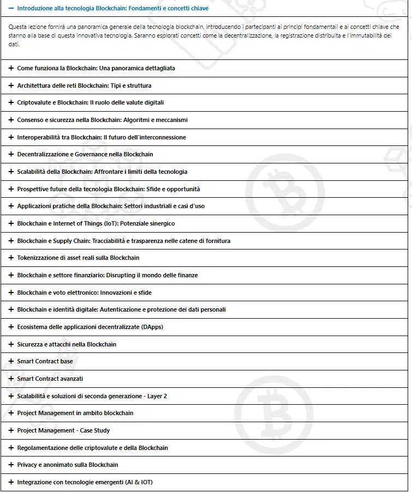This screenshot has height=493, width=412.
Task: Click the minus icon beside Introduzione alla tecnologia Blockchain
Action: pos(11,9)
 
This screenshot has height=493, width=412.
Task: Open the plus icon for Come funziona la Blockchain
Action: pos(11,69)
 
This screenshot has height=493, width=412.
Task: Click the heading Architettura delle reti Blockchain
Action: pos(84,86)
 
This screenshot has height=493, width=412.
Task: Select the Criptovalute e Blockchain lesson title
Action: pos(90,103)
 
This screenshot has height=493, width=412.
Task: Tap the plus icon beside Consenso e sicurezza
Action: pos(11,120)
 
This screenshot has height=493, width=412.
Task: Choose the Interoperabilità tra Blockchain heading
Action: pos(101,138)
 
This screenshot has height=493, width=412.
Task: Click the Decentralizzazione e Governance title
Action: pos(85,155)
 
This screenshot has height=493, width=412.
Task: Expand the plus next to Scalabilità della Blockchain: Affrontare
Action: pos(11,172)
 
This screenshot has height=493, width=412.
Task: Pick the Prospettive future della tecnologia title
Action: pos(108,190)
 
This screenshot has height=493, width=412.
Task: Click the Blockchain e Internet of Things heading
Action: pos(95,224)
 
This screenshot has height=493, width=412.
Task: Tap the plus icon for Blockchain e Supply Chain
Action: pos(11,241)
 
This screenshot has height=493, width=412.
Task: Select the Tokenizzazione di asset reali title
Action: pos(78,258)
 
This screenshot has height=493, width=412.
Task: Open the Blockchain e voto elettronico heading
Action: pos(84,293)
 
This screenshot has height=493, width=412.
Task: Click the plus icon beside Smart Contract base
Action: pos(11,362)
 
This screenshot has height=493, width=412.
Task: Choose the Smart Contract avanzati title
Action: pos(50,379)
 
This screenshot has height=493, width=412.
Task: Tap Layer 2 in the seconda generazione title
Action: pos(157,397)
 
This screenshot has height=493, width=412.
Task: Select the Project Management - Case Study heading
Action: pos(63,431)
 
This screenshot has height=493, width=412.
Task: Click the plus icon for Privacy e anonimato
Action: pos(11,465)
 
